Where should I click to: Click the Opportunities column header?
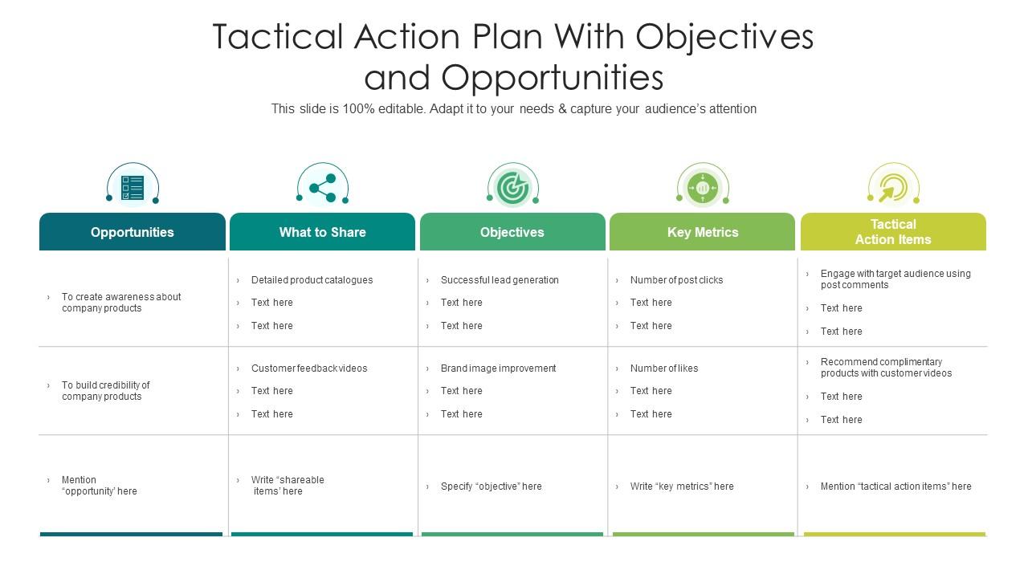coord(133,232)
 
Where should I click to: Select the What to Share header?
coord(322,232)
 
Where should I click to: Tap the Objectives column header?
coord(512,232)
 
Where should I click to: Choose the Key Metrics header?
coord(703,232)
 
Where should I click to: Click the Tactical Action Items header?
coord(893,232)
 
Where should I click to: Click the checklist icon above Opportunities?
coord(133,188)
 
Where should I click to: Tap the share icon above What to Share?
coord(322,188)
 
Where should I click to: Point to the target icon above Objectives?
coord(512,188)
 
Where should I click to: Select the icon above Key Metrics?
coord(703,188)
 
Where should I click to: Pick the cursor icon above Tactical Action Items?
coord(892,188)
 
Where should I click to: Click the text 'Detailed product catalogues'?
coord(312,280)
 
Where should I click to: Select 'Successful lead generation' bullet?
coord(500,280)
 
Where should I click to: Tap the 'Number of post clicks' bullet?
coord(676,280)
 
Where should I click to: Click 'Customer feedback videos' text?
coord(309,368)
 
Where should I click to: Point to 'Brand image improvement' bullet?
coord(498,368)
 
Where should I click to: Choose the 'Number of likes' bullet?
coord(664,368)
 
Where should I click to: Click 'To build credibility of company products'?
coord(106,391)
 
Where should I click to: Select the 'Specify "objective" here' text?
coord(491,486)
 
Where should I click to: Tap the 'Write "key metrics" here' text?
coord(682,486)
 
